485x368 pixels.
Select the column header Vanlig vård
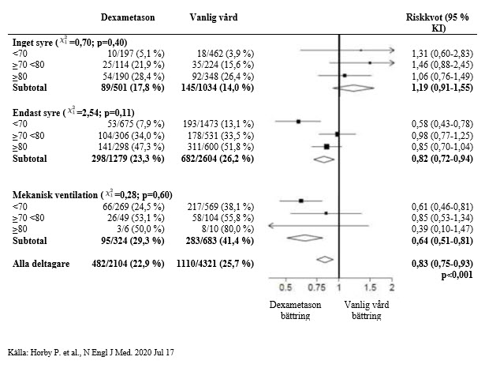click(216, 17)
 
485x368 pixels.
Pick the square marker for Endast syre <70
click(299, 122)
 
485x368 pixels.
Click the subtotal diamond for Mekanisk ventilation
click(308, 237)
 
